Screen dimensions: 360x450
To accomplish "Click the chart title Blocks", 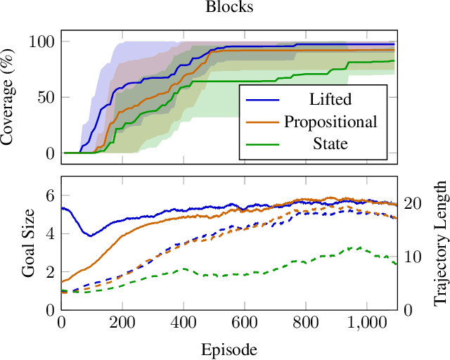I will tap(229, 8).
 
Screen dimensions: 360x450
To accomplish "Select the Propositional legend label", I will tap(330, 122).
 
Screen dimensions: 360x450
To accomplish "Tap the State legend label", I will tap(330, 144).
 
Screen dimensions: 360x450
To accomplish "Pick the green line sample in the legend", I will tap(262, 145).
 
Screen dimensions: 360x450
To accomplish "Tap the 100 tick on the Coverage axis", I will tap(41, 41).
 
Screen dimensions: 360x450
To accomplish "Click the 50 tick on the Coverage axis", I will tap(45, 97).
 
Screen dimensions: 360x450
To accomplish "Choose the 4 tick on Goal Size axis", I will tap(49, 234).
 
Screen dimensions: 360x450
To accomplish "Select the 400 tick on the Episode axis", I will tap(184, 323).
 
